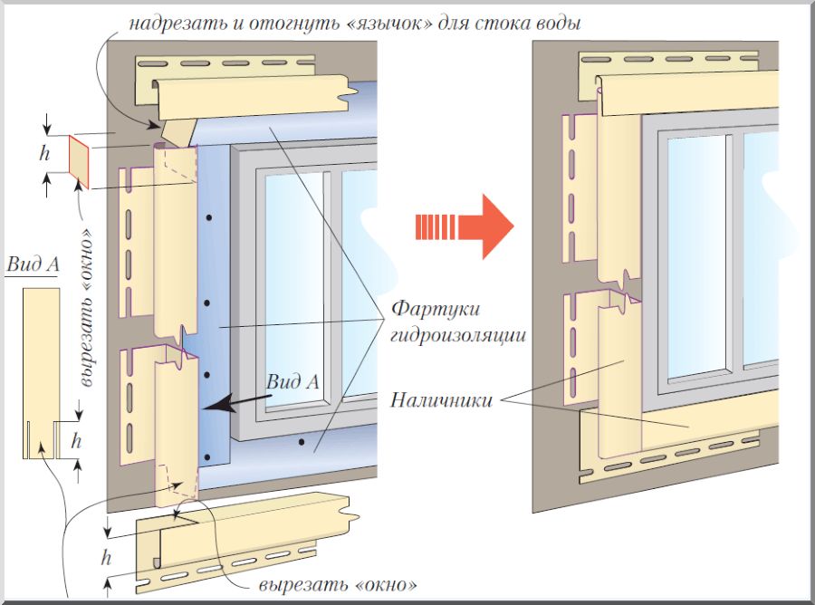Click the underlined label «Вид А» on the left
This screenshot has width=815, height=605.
33,264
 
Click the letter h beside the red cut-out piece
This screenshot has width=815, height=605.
43,153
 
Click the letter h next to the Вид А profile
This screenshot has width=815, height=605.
76,442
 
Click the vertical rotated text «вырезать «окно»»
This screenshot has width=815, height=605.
88,309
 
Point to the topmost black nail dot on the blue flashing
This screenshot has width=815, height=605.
207,217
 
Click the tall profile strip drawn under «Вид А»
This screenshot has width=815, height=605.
40,371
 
